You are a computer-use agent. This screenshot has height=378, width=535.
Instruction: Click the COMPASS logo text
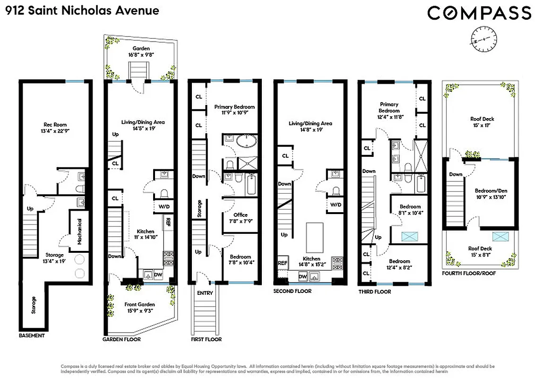point(479,13)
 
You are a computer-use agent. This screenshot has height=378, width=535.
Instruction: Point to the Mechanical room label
point(79,230)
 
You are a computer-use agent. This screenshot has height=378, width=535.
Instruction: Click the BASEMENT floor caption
point(32,335)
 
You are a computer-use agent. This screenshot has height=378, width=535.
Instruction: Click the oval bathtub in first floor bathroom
point(247,141)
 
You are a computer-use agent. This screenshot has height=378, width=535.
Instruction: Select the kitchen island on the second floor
point(314,238)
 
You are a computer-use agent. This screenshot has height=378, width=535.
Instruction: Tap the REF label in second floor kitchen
point(283,263)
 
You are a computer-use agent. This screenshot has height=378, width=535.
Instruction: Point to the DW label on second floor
point(303,276)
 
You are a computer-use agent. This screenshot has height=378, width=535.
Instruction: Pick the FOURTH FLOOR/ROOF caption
point(469,273)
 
